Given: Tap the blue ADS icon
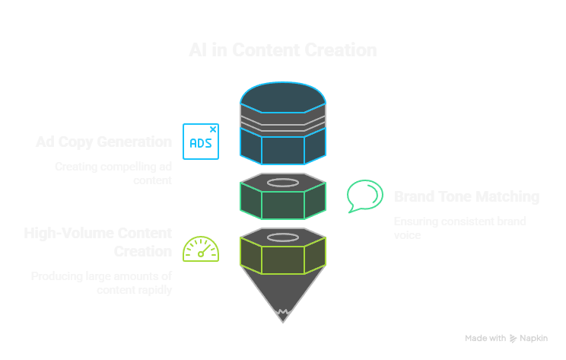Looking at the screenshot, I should coord(201,142).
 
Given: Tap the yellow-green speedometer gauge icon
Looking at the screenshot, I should coord(201,249).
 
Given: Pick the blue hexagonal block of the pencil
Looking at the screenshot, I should coord(283,148).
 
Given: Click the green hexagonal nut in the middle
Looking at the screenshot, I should coord(283,202).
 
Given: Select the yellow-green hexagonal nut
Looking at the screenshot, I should coord(283,256).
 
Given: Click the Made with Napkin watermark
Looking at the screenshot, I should coord(506,338).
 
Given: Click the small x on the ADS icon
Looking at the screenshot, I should coord(213,129).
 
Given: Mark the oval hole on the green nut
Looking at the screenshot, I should coord(283,183).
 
